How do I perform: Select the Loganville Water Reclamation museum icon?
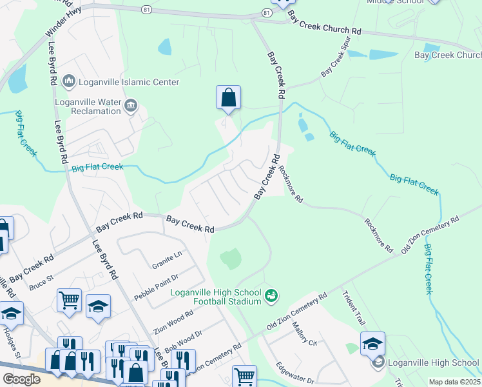coord(131,105)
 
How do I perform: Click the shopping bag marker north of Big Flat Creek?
coord(228,98)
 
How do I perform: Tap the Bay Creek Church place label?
coord(447,55)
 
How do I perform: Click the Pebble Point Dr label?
coord(156,287)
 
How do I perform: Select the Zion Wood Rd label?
coord(174,321)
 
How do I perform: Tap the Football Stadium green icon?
coord(271,296)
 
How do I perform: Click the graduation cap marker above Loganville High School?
coord(372,344)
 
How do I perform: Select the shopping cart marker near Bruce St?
coord(69,299)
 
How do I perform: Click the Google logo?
coord(21,379)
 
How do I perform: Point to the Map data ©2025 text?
coord(454,382)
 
